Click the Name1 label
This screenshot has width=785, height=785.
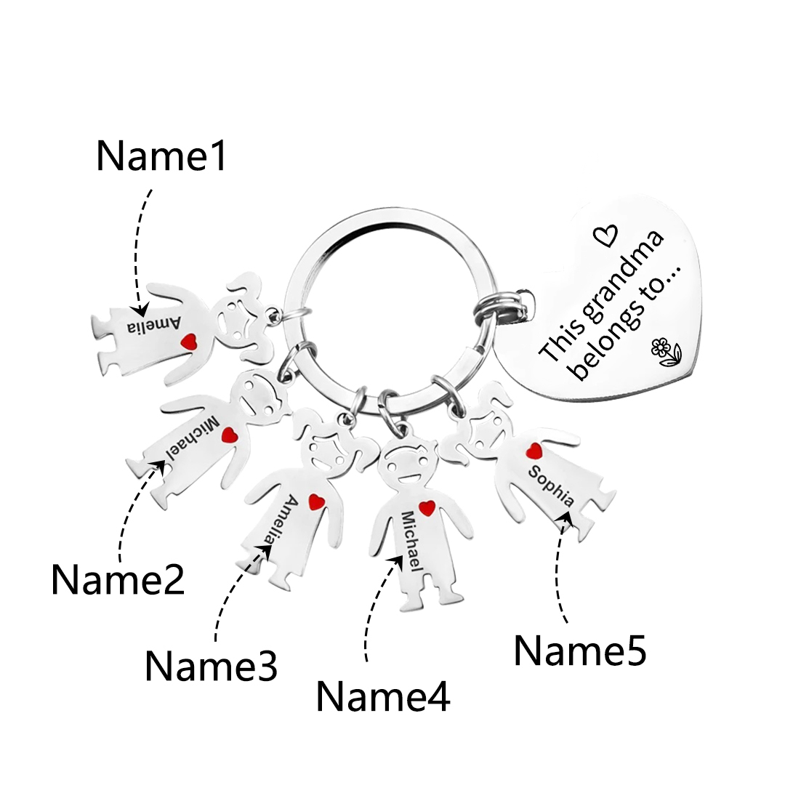point(161,156)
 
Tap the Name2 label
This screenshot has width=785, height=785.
point(118,579)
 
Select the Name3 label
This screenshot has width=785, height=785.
point(211,665)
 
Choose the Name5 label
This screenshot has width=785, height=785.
point(580,651)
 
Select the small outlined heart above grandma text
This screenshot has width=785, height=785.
point(605,235)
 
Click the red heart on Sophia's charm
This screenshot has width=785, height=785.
point(534,451)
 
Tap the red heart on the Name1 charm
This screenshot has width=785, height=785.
point(189,342)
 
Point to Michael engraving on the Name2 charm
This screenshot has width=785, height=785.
point(193,438)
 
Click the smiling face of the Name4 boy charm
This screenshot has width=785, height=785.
point(406,467)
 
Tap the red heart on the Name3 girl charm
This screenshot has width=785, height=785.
point(316,502)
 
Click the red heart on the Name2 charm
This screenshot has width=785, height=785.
point(230,435)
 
